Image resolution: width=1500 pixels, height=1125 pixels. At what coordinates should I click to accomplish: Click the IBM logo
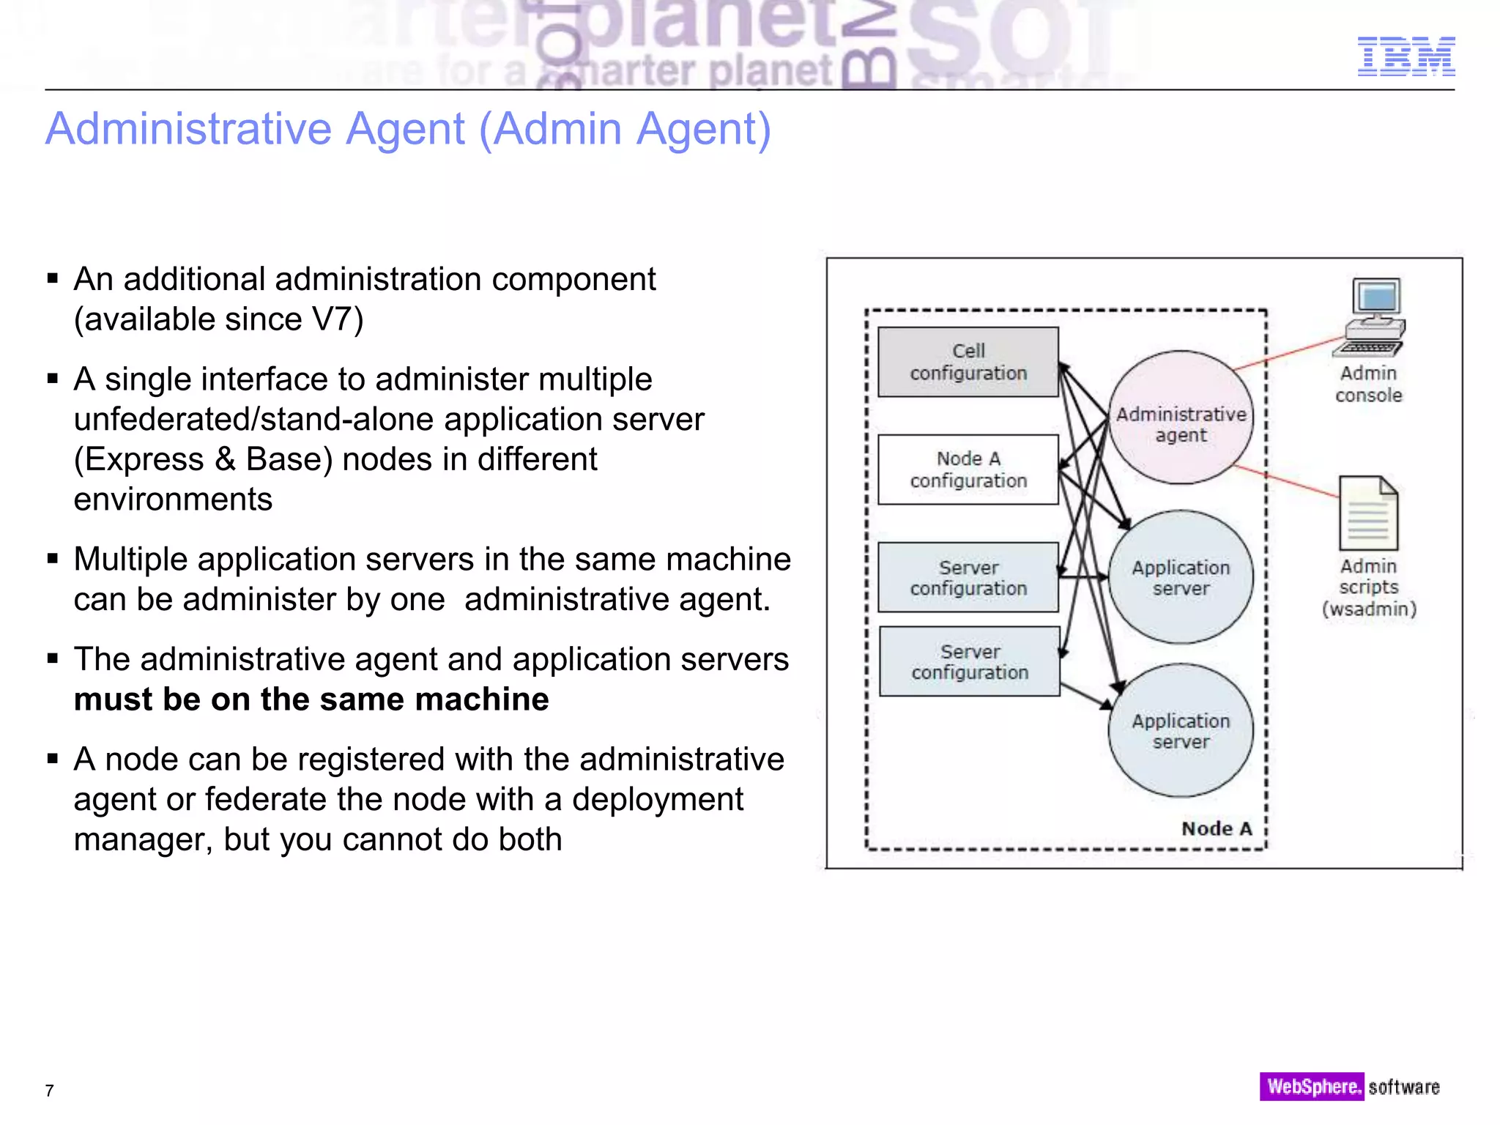click(1406, 56)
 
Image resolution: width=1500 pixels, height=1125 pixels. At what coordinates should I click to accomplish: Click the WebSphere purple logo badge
click(1311, 1086)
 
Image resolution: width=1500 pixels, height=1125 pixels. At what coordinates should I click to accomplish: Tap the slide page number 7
click(49, 1091)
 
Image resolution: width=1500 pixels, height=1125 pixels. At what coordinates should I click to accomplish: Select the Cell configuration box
click(968, 362)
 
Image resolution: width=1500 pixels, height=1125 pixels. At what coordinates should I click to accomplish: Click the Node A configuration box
click(968, 469)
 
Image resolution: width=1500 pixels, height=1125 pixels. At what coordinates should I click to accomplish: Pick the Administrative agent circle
click(1181, 417)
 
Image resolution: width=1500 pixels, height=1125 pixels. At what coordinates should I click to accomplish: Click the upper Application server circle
click(1181, 577)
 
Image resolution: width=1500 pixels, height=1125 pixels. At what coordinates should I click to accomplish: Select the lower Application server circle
click(1181, 730)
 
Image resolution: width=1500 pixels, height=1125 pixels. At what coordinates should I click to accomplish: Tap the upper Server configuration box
click(968, 577)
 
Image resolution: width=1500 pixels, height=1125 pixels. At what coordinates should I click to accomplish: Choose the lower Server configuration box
click(969, 661)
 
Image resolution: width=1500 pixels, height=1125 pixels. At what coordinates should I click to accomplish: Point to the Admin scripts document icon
click(1368, 513)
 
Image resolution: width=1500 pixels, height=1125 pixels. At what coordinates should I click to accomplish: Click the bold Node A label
click(1217, 828)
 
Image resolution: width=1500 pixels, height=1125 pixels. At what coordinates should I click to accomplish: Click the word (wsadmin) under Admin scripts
click(1369, 609)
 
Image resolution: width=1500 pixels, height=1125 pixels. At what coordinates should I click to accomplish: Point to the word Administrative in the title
click(189, 129)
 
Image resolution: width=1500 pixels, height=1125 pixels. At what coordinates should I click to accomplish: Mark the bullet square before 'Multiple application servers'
click(52, 560)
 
